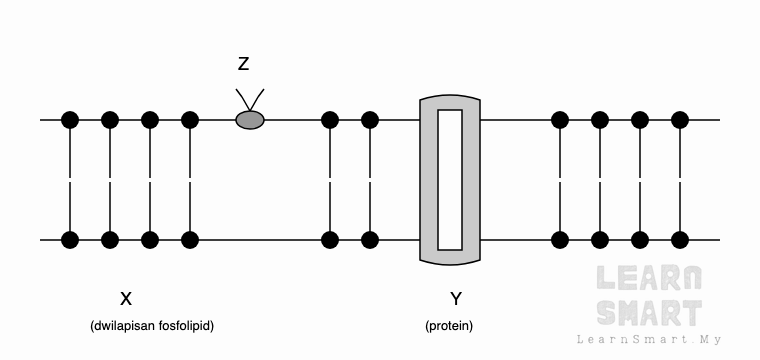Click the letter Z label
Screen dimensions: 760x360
click(x=243, y=63)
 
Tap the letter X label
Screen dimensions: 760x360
click(x=126, y=299)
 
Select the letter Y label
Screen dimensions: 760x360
click(x=456, y=299)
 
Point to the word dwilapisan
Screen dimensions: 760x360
click(x=125, y=326)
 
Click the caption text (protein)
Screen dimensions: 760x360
click(x=449, y=326)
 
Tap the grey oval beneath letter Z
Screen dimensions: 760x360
click(x=250, y=120)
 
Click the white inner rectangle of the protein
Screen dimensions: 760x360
click(x=450, y=180)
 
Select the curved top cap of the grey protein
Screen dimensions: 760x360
click(x=450, y=98)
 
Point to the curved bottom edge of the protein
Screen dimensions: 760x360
click(x=450, y=262)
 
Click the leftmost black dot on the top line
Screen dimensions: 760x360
click(x=70, y=120)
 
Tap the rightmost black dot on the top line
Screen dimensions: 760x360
click(x=680, y=120)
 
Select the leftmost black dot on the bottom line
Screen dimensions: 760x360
click(x=70, y=240)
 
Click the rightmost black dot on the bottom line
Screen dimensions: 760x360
click(x=680, y=240)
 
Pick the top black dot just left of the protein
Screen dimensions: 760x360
click(x=370, y=120)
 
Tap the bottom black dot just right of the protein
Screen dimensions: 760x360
click(x=560, y=240)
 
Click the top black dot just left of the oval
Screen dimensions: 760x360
click(x=190, y=120)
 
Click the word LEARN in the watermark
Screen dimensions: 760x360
click(x=649, y=278)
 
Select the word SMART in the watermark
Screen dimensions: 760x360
click(x=649, y=313)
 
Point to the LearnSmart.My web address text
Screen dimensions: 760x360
click(x=649, y=340)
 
